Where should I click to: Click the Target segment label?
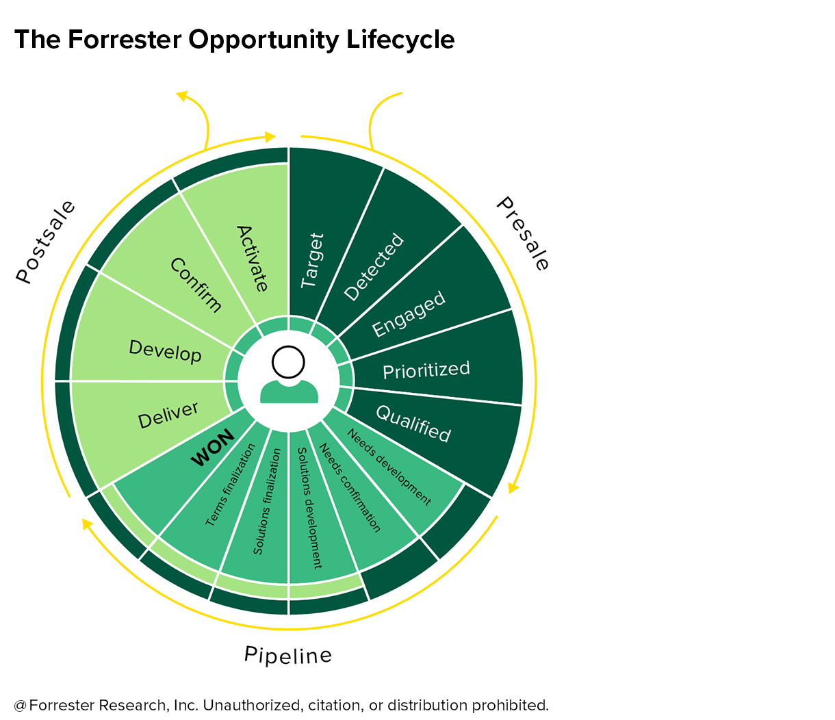pyautogui.click(x=312, y=261)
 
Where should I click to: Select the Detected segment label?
pyautogui.click(x=374, y=267)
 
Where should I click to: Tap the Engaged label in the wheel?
pyautogui.click(x=409, y=314)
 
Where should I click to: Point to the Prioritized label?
pyautogui.click(x=426, y=370)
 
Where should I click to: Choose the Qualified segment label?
pyautogui.click(x=413, y=424)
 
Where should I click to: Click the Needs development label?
pyautogui.click(x=389, y=467)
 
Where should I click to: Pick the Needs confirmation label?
pyautogui.click(x=350, y=488)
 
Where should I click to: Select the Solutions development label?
pyautogui.click(x=310, y=508)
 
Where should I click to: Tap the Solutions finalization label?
pyautogui.click(x=267, y=502)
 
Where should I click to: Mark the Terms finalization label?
pyautogui.click(x=230, y=485)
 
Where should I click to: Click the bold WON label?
pyautogui.click(x=212, y=448)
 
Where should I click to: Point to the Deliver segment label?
pyautogui.click(x=168, y=415)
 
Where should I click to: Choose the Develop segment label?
pyautogui.click(x=165, y=351)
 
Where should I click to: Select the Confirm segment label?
pyautogui.click(x=196, y=285)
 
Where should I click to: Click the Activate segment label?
pyautogui.click(x=252, y=259)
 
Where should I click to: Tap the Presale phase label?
pyautogui.click(x=522, y=233)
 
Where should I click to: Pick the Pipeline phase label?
pyautogui.click(x=288, y=655)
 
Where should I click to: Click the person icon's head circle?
pyautogui.click(x=288, y=362)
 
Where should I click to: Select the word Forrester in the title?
pyautogui.click(x=125, y=39)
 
